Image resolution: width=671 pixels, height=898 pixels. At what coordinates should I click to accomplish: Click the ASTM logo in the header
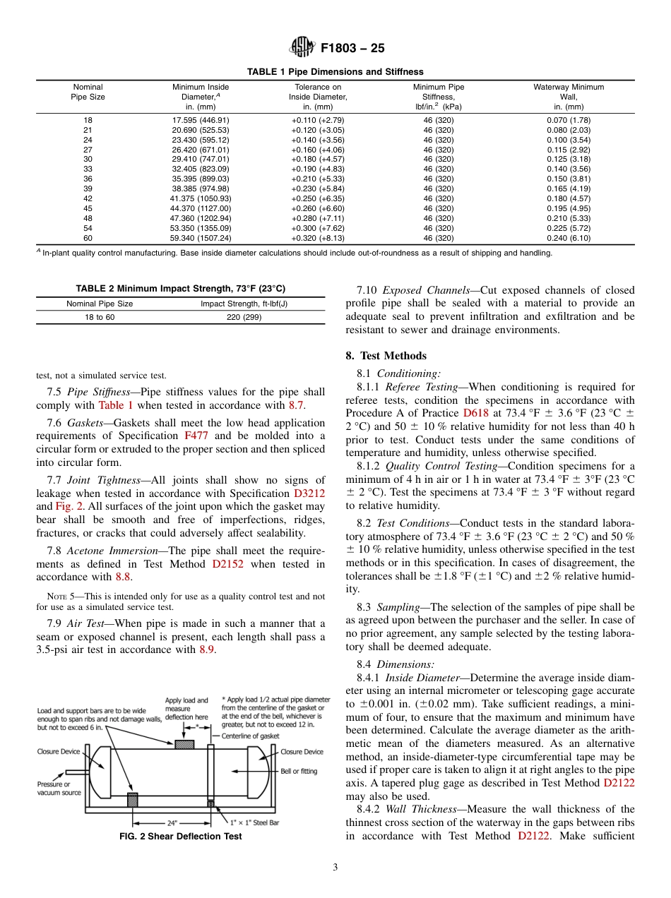[303, 49]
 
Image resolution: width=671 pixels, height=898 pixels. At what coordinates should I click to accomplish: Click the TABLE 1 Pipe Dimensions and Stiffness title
[335, 71]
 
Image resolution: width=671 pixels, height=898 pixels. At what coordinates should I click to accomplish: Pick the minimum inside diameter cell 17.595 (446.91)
[201, 120]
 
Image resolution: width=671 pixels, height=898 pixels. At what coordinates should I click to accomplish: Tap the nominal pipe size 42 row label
[88, 198]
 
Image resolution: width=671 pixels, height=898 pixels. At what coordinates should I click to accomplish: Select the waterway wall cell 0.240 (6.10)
[569, 238]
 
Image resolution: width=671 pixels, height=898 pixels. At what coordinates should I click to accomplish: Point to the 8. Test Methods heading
[386, 356]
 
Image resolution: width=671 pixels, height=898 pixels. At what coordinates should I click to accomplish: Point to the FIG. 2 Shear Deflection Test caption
[181, 836]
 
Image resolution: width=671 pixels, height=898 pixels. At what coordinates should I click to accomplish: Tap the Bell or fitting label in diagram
[299, 771]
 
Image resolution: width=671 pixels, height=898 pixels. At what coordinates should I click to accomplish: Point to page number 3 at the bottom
[335, 867]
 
